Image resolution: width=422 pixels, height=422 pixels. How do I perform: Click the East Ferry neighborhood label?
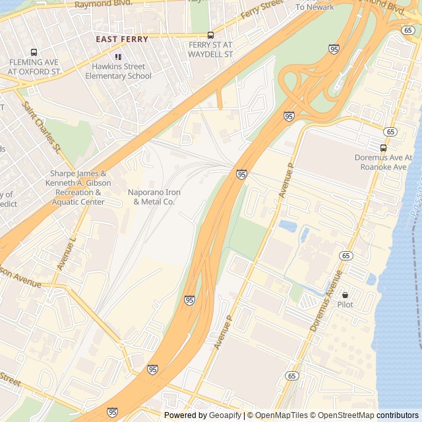(x=122, y=40)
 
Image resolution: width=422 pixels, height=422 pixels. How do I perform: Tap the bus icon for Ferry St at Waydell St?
(x=210, y=35)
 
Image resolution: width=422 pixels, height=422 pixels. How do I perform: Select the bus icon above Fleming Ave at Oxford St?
(x=34, y=52)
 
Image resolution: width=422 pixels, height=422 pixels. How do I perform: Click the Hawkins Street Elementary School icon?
(x=118, y=57)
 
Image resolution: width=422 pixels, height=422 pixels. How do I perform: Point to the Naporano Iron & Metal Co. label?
(x=154, y=196)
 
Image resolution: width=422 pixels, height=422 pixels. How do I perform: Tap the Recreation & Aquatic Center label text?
(x=76, y=197)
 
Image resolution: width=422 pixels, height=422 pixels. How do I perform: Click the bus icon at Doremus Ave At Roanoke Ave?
(x=383, y=148)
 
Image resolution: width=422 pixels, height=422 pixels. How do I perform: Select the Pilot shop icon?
(x=345, y=295)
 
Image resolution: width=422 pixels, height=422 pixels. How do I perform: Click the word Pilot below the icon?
(x=345, y=305)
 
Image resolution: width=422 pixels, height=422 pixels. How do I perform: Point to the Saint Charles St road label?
(x=42, y=125)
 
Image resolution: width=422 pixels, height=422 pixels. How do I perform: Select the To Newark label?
(x=315, y=7)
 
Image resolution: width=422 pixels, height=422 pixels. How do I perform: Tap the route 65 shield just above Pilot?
(x=346, y=255)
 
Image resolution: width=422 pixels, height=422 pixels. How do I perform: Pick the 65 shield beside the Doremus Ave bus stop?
(x=391, y=132)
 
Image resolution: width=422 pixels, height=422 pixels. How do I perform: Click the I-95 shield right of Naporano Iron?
(x=242, y=174)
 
